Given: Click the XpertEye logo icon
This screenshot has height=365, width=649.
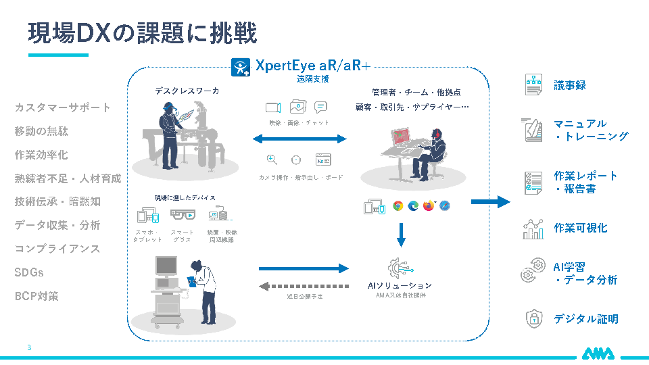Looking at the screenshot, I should point(241,67).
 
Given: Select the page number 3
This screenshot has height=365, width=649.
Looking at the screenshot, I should point(29,347).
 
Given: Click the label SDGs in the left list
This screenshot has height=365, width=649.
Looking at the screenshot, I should point(29,272).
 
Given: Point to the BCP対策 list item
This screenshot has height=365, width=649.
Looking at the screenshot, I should point(37,296).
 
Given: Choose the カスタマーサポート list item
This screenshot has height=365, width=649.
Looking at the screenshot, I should point(62,107).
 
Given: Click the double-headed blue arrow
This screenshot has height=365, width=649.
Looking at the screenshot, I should point(299,139).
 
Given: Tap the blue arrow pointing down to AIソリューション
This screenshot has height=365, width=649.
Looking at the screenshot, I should point(401,235).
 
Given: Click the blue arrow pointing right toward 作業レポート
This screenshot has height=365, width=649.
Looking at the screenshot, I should point(490,201).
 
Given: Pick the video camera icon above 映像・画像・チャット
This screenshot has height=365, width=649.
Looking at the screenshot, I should point(272,107).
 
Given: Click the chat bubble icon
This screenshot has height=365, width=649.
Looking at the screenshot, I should point(321,107).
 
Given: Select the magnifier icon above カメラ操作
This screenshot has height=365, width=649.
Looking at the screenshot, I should point(272,160).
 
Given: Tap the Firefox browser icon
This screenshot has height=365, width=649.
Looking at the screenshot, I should point(429,205).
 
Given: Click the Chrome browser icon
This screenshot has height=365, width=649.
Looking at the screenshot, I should point(398,205).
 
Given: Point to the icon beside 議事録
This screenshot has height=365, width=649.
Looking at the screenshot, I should point(533,85).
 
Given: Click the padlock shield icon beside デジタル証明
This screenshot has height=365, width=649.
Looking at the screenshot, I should point(533,318).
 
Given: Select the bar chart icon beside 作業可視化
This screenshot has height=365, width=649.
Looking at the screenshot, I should point(533,228).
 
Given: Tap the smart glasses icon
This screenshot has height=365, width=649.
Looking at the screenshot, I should point(182,216).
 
